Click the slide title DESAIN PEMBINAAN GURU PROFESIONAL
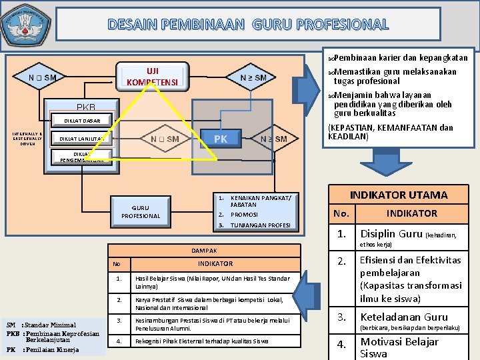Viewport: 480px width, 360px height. (248, 25)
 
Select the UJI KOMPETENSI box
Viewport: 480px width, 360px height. (153, 76)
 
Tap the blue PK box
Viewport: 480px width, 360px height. (220, 139)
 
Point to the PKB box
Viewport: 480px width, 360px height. (86, 107)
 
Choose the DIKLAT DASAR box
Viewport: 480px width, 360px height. (83, 121)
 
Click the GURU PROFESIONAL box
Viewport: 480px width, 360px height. (141, 211)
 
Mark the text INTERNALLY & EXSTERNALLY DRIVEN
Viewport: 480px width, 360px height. (27, 138)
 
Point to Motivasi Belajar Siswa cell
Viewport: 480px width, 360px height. (399, 347)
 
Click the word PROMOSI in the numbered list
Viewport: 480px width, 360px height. (244, 215)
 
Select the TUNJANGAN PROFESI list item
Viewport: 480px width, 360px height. (260, 225)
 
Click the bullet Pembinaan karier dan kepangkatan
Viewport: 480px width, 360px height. (400, 57)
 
